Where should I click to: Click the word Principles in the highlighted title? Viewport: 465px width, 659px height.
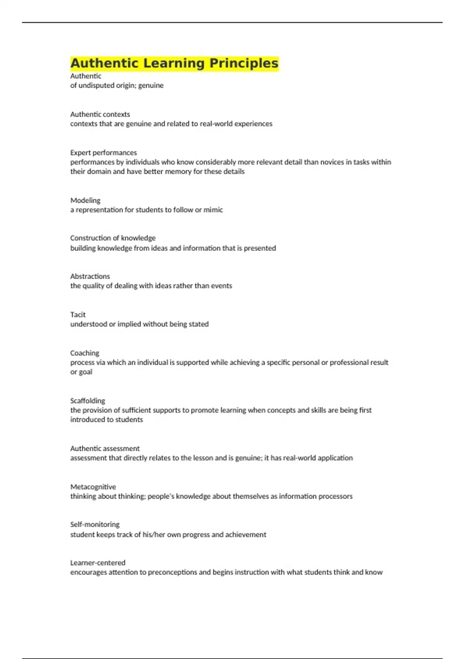coord(244,63)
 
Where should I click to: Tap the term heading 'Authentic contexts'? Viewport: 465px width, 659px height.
coord(100,114)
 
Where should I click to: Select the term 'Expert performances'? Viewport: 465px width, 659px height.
coord(103,153)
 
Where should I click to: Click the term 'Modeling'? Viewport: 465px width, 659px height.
coord(85,200)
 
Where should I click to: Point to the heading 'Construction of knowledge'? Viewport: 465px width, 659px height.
coord(113,238)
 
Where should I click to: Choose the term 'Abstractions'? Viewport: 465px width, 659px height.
coord(90,276)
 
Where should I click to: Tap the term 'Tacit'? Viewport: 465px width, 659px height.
coord(78,315)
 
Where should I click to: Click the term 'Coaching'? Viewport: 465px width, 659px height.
coord(84,353)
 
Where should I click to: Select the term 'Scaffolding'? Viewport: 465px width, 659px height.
coord(88,401)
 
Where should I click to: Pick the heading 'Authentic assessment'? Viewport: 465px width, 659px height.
coord(105,449)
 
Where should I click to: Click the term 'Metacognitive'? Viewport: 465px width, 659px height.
coord(93,487)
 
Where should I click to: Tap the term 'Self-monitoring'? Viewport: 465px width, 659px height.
coord(95,524)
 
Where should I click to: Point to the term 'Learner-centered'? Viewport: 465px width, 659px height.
coord(98,563)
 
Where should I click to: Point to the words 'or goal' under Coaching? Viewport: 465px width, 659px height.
coord(81,372)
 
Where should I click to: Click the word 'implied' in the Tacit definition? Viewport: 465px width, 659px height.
coord(129,324)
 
